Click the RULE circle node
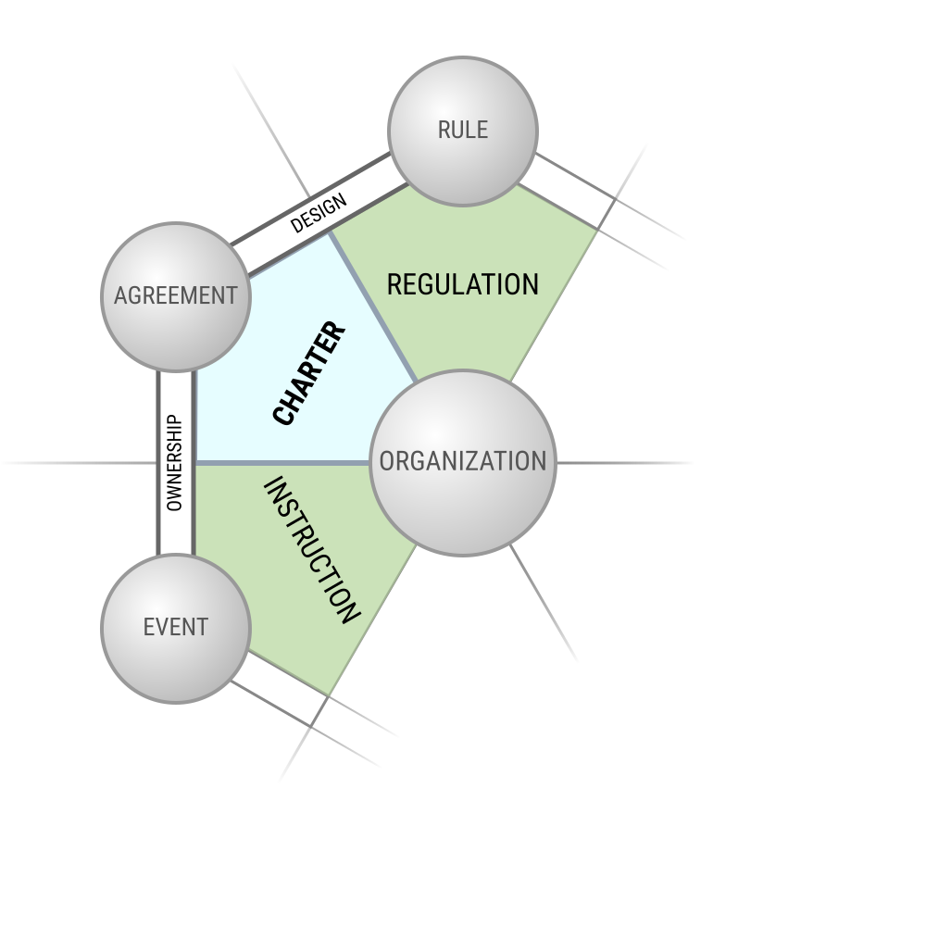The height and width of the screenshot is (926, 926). click(462, 131)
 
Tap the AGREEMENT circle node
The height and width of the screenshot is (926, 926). click(176, 297)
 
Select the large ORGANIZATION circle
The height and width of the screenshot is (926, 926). click(462, 463)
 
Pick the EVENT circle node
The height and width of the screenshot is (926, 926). click(176, 629)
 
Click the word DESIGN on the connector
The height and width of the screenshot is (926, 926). click(319, 213)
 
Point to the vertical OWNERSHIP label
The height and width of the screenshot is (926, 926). click(175, 463)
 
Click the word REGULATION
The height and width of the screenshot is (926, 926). click(462, 284)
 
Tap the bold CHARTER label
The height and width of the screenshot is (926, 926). click(309, 372)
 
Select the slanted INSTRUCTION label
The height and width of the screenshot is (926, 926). click(311, 550)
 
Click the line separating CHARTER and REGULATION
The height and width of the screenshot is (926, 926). click(373, 307)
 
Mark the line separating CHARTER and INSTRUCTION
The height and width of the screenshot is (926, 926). click(282, 463)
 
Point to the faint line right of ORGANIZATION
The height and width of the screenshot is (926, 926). click(624, 463)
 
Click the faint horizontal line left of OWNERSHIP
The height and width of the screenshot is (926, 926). click(79, 463)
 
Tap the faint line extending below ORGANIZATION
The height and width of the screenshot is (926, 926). click(544, 603)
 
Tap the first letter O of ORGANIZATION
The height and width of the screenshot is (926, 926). click(386, 461)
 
